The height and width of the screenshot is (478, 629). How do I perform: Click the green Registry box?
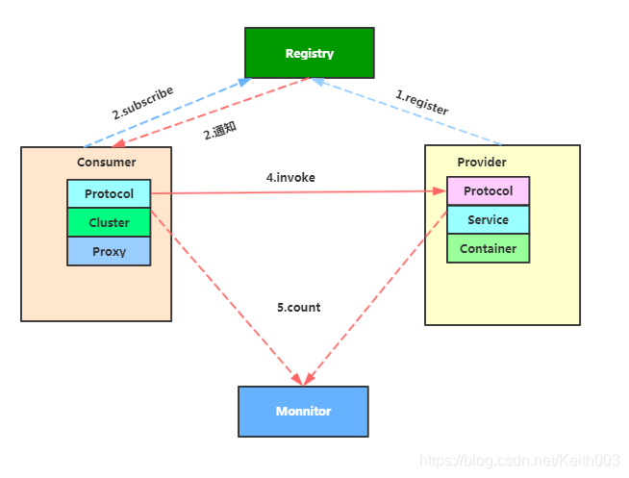click(x=309, y=53)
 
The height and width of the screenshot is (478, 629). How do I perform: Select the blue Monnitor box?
click(x=303, y=411)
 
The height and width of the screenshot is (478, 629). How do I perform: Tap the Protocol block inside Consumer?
click(x=109, y=194)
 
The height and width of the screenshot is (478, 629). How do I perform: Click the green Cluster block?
click(x=109, y=222)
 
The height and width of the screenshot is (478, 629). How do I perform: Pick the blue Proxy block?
click(x=109, y=251)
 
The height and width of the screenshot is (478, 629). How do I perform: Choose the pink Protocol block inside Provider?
click(x=488, y=191)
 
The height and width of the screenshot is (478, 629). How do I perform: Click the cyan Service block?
click(x=488, y=219)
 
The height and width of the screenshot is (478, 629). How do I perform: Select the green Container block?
click(x=488, y=248)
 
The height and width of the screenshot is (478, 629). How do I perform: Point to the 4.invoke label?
click(x=290, y=178)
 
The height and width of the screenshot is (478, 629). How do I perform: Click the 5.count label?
click(x=298, y=308)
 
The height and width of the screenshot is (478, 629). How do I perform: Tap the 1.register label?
click(x=421, y=103)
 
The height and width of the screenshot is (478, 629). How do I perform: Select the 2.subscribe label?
click(x=142, y=104)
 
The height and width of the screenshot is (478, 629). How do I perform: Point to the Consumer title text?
click(x=107, y=163)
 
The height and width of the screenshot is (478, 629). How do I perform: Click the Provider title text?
click(x=482, y=163)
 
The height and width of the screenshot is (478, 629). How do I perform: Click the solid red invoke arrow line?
click(x=289, y=192)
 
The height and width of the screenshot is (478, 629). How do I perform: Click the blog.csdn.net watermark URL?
click(x=520, y=462)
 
